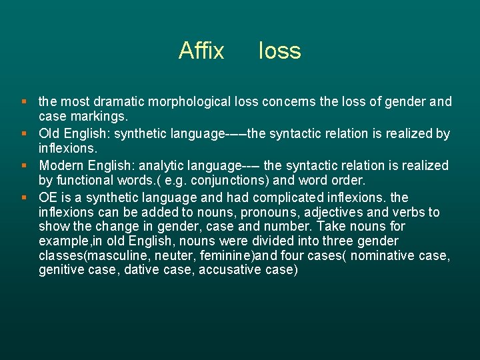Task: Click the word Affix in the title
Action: click(201, 51)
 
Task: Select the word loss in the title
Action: click(279, 51)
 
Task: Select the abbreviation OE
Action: click(48, 197)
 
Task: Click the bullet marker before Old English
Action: click(24, 133)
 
